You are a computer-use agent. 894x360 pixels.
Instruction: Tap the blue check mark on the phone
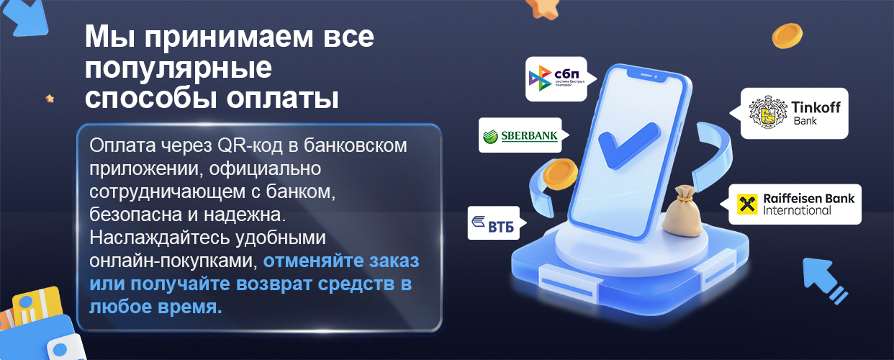tap(627, 145)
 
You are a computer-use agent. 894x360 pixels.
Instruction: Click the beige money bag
tap(682, 211)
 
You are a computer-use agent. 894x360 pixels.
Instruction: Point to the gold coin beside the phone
tap(560, 174)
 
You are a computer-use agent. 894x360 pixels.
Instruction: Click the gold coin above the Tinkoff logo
tap(787, 36)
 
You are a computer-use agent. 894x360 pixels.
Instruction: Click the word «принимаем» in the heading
tap(229, 37)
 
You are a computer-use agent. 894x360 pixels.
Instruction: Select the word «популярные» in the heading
tap(178, 68)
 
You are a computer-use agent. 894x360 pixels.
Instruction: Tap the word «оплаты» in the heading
tap(283, 98)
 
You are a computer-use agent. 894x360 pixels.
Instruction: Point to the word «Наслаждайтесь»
tap(160, 238)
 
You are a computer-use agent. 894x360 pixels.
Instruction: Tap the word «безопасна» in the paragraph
tap(136, 215)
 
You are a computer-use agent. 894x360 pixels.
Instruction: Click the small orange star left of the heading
tap(50, 98)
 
